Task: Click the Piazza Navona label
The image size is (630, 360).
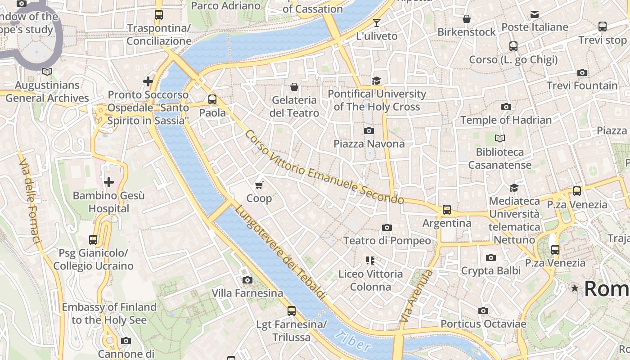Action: (369, 144)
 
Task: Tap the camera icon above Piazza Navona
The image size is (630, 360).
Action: (369, 131)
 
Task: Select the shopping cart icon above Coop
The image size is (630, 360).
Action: (259, 185)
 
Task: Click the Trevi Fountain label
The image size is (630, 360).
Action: (582, 85)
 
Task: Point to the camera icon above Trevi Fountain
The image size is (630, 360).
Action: (582, 73)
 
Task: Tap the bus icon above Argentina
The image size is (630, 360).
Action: (446, 210)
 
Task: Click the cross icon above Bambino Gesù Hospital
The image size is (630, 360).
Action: (109, 182)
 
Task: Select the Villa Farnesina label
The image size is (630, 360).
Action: (247, 293)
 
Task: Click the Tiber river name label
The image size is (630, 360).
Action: (354, 341)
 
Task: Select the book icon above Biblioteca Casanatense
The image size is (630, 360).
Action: (499, 139)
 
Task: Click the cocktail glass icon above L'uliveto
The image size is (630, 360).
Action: (377, 23)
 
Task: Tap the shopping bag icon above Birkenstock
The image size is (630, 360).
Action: (467, 19)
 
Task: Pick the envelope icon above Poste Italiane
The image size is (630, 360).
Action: (535, 14)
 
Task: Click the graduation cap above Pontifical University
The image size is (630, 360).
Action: (376, 81)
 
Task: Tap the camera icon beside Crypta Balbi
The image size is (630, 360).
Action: (491, 258)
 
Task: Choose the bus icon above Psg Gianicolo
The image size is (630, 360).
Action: (93, 240)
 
